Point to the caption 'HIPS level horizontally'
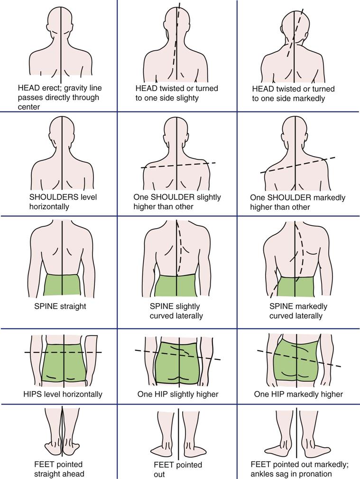(63, 394)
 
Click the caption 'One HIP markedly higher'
(298, 394)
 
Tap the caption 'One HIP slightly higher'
(178, 394)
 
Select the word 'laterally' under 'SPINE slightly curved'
(188, 316)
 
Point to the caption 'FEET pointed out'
(178, 470)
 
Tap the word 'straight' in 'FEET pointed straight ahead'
(48, 474)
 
